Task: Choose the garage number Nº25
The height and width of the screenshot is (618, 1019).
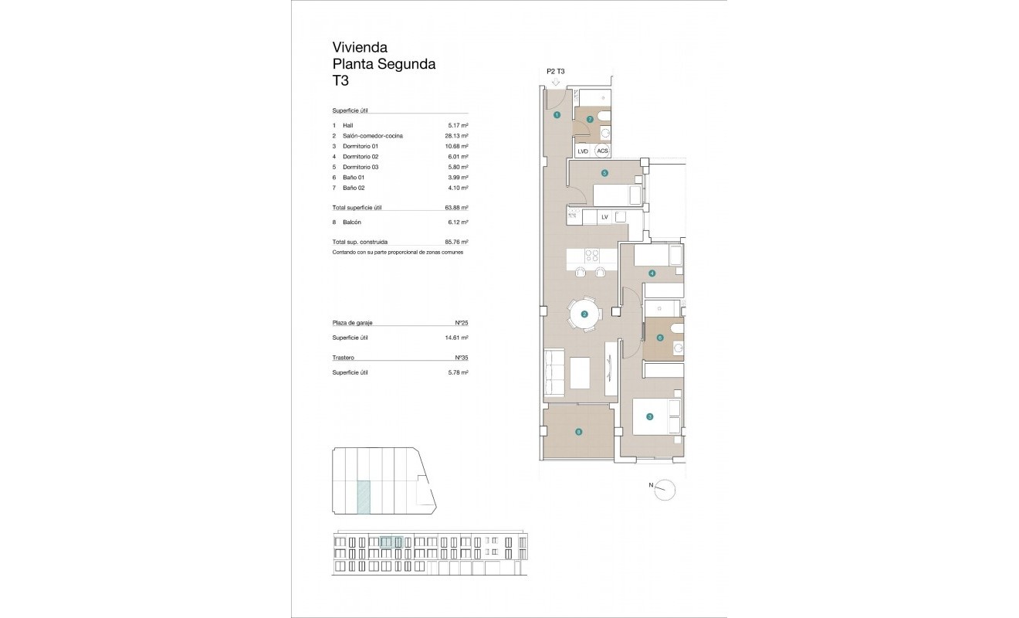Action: tap(462, 323)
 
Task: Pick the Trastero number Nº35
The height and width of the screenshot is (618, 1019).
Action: tap(462, 358)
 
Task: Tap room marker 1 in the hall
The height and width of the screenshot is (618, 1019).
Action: tap(557, 115)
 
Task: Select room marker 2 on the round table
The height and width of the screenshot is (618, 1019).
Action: tap(584, 314)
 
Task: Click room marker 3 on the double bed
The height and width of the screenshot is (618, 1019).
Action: tap(650, 417)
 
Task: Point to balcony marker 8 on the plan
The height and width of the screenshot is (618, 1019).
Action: tap(578, 433)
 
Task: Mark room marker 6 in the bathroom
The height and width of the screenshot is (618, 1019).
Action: tap(659, 338)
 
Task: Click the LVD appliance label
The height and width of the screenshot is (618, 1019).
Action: tap(583, 151)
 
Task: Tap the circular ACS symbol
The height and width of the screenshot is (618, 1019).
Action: tap(603, 151)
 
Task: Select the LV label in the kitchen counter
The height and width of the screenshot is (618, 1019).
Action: tap(604, 217)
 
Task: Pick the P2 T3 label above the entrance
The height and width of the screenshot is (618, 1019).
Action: tap(556, 71)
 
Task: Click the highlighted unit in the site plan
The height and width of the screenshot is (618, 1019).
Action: tap(363, 497)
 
